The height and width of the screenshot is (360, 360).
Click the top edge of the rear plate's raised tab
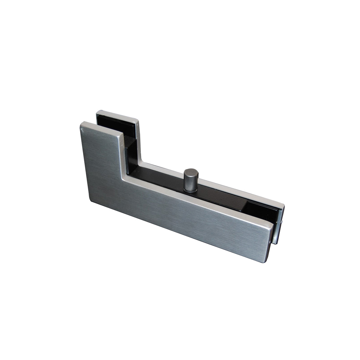pos(117,113)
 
